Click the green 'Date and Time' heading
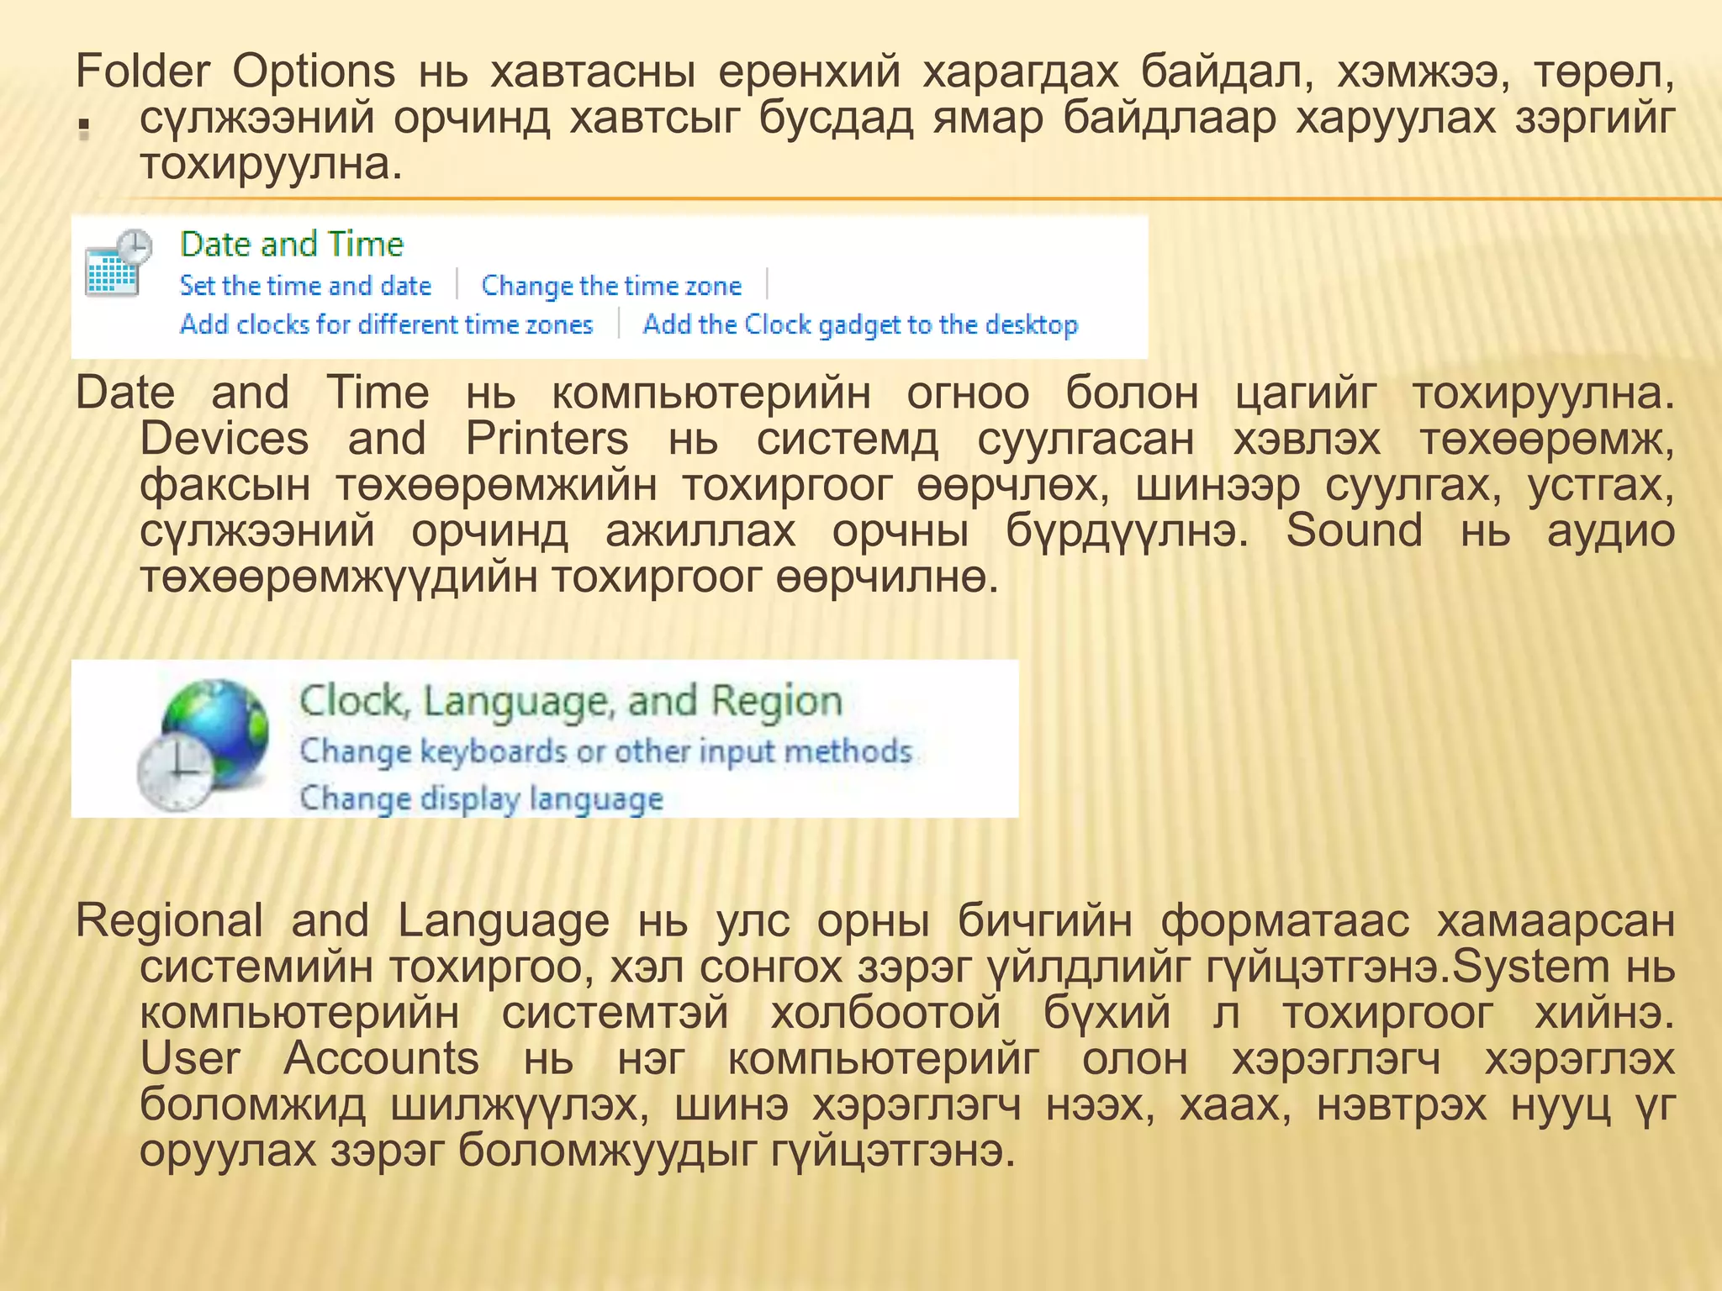tap(292, 245)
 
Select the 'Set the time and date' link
tap(305, 286)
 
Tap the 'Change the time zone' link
tap(611, 286)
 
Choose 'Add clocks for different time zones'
tap(387, 324)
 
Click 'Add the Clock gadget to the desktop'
tap(860, 324)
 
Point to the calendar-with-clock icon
tap(119, 263)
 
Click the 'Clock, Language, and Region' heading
tap(571, 701)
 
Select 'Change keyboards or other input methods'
tap(606, 751)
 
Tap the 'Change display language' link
tap(482, 798)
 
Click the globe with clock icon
tap(204, 743)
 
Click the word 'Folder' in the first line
tap(142, 71)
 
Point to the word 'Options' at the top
tap(314, 71)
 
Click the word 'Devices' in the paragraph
tap(224, 439)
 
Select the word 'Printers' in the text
tap(547, 439)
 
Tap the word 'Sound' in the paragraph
tap(1355, 531)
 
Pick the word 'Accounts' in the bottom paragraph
tap(381, 1059)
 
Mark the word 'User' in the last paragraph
tap(190, 1059)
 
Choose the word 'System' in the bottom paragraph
tap(1530, 967)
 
